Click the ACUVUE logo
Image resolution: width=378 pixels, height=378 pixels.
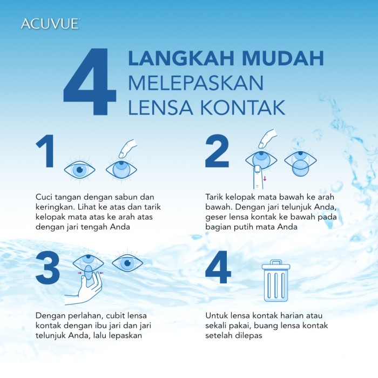click(50, 24)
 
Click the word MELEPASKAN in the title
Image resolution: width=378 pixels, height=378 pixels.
click(195, 84)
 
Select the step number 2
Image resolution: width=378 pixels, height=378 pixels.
click(218, 152)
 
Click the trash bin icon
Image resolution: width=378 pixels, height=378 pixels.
click(275, 280)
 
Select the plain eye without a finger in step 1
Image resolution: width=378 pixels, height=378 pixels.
click(80, 170)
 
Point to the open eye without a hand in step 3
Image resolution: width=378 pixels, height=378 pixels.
click(127, 264)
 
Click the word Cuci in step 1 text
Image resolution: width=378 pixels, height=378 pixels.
click(44, 197)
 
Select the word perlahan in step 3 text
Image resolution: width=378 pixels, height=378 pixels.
click(87, 315)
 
